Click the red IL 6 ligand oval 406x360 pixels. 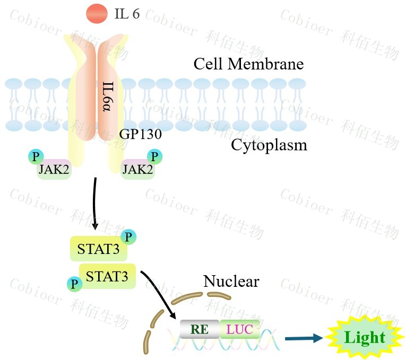[x=96, y=14]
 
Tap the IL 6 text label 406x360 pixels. [x=127, y=14]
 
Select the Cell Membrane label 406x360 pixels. [x=248, y=64]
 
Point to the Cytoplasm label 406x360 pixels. [x=269, y=144]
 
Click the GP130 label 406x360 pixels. [x=140, y=135]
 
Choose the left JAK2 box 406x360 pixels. [x=54, y=170]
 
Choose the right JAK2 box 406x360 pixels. [x=137, y=170]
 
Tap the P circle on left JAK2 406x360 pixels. [x=36, y=157]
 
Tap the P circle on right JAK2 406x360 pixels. [x=155, y=157]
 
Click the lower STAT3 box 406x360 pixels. [x=107, y=276]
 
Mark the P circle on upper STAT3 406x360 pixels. [x=128, y=236]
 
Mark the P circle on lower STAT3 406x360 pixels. [x=74, y=284]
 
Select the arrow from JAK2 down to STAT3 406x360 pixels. [x=94, y=204]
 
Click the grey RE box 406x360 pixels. [x=199, y=329]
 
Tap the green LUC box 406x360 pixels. [x=239, y=329]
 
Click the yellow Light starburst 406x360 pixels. [x=365, y=338]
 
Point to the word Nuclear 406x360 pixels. [x=231, y=280]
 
